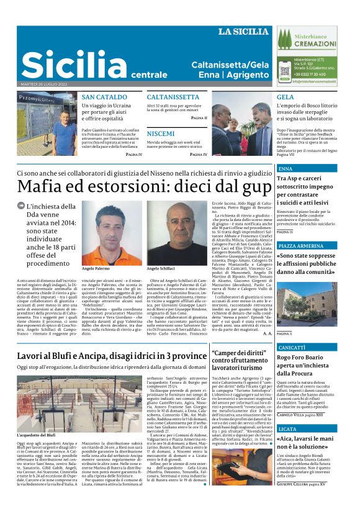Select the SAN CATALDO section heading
[104, 97]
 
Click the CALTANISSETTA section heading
[173, 97]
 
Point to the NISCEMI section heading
[161, 133]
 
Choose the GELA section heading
[286, 97]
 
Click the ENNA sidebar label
[286, 169]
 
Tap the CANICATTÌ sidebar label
[292, 348]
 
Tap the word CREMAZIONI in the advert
[315, 44]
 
